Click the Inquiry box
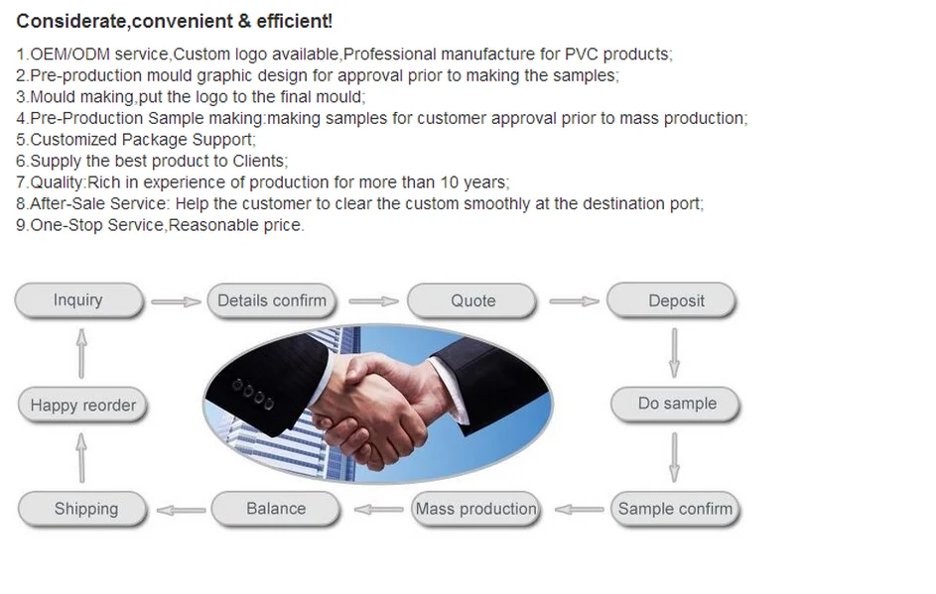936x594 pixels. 78,300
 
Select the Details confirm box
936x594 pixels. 272,300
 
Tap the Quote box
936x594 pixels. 471,300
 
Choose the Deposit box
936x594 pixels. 672,300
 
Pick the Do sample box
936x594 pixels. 675,404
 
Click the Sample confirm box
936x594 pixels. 675,509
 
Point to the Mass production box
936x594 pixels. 475,509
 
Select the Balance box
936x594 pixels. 276,509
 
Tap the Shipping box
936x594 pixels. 82,509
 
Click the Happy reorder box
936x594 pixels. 82,405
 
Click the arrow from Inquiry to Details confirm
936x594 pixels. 176,301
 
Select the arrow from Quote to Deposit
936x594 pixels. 575,301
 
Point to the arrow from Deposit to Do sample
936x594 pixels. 674,352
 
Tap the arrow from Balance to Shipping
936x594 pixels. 181,510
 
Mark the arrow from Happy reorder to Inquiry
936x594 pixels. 81,353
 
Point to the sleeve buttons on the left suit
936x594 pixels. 252,395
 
